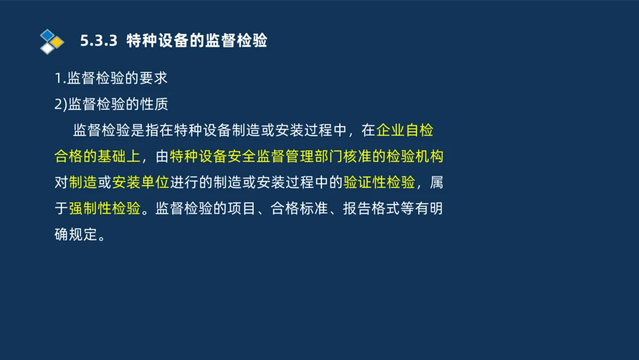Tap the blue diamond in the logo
tap(47, 35)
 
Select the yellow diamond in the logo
tap(58, 42)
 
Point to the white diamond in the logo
tap(47, 49)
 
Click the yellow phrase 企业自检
tap(405, 130)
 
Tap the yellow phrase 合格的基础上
tap(97, 156)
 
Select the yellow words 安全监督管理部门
tap(282, 156)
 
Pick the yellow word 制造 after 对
tap(83, 182)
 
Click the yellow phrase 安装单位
tap(141, 182)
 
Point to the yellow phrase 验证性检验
tap(380, 182)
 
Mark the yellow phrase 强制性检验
tap(105, 208)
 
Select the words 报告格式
tap(371, 208)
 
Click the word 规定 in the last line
tap(83, 234)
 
